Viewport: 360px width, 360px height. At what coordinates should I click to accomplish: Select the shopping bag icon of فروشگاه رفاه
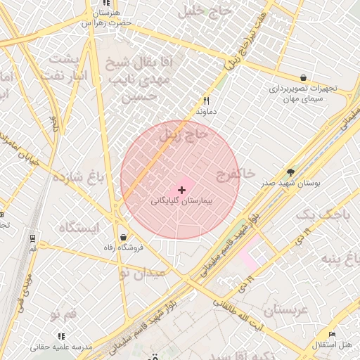tap(124, 237)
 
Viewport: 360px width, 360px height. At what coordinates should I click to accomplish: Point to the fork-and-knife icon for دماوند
tap(206, 101)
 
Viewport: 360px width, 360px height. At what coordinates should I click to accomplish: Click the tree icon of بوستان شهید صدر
tap(290, 172)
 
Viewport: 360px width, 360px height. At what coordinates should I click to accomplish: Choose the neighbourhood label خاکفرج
tap(236, 173)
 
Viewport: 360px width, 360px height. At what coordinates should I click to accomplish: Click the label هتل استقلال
tap(333, 345)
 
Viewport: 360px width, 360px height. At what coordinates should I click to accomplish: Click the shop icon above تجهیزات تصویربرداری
tap(303, 77)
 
